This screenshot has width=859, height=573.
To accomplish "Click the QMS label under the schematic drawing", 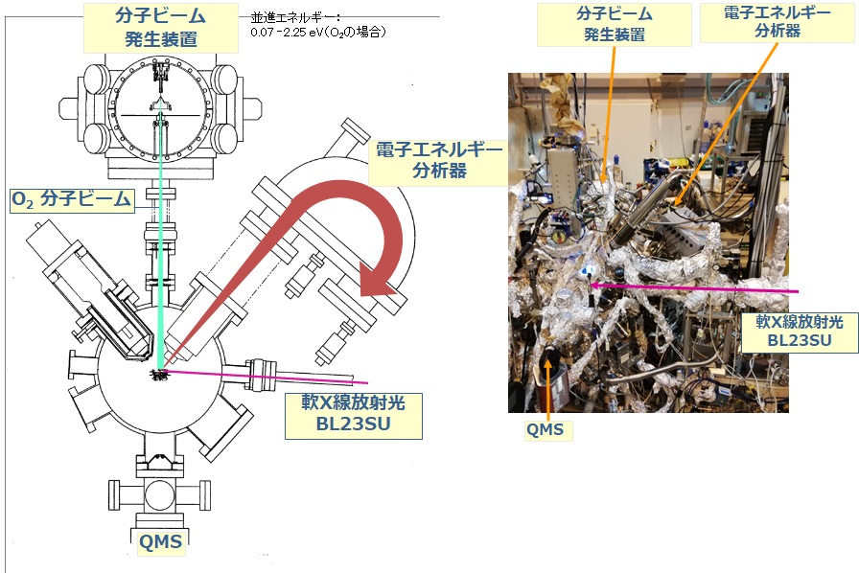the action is [x=160, y=541].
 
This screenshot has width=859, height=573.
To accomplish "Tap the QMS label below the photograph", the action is [x=546, y=430].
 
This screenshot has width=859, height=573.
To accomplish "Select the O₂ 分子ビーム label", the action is [x=72, y=199].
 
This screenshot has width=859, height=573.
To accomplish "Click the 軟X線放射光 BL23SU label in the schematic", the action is [x=354, y=415].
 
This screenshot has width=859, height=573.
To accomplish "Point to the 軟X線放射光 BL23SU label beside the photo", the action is [x=800, y=331].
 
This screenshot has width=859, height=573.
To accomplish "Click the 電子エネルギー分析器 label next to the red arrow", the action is [x=439, y=160].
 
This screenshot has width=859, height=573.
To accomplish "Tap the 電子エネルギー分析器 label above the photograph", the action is [x=778, y=21].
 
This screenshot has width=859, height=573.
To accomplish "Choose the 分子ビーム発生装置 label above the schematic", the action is [x=160, y=27].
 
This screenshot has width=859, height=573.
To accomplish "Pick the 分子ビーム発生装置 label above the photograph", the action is [x=615, y=24].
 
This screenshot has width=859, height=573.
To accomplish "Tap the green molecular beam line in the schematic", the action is [x=160, y=240].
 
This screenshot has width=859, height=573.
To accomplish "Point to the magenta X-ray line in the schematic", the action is [x=267, y=377].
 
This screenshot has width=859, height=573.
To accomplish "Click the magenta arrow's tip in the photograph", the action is [x=592, y=285].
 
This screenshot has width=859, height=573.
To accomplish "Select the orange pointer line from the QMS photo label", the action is [x=547, y=391].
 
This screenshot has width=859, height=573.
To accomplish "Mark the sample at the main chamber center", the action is [x=159, y=375].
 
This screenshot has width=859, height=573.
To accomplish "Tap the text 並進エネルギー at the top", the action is [x=295, y=18].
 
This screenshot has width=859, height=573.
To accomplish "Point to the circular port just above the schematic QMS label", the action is [x=160, y=495].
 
